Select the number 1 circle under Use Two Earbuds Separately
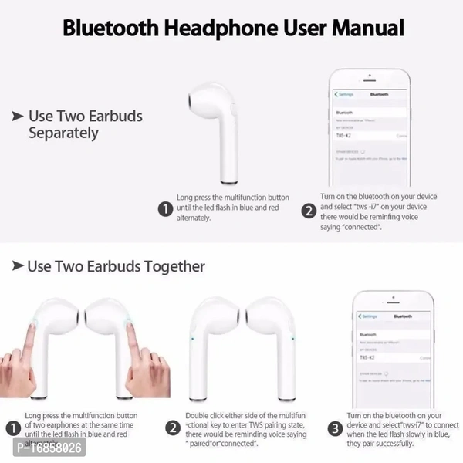pyautogui.click(x=164, y=209)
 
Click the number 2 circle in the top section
pyautogui.click(x=309, y=209)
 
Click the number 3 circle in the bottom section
pyautogui.click(x=334, y=428)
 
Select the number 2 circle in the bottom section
pyautogui.click(x=174, y=428)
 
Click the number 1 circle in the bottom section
pyautogui.click(x=12, y=428)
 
